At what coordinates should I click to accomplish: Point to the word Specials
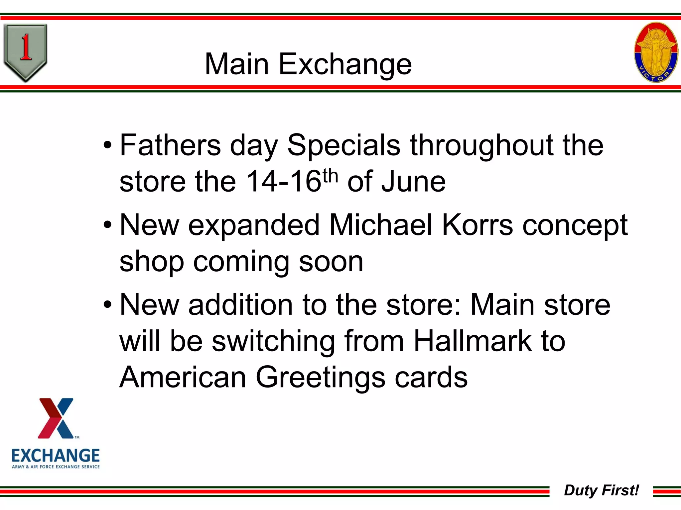[343, 145]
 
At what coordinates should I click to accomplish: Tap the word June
[413, 182]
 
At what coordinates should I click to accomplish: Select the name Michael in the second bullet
[381, 225]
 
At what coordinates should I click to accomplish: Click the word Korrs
[477, 225]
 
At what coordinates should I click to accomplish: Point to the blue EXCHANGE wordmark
[56, 456]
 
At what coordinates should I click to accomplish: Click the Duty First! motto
[601, 490]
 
